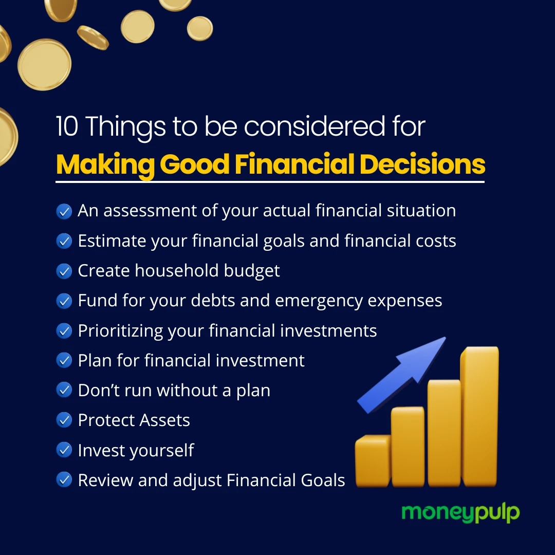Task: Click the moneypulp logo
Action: pos(460,513)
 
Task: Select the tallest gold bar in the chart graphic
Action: pos(479,417)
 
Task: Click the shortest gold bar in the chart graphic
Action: pos(373,461)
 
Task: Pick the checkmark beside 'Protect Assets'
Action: pos(64,420)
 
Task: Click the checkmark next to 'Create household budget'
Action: pos(64,271)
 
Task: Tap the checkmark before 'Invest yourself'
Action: pos(64,450)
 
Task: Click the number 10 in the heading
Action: pos(67,126)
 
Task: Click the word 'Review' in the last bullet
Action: pos(105,480)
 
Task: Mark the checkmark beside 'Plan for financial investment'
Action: pos(64,361)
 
